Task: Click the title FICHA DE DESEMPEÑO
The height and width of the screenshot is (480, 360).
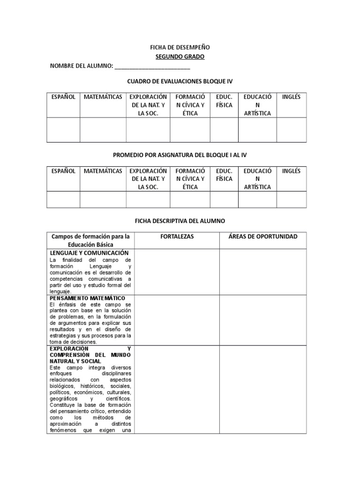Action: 180,47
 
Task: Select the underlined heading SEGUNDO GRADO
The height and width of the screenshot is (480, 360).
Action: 180,57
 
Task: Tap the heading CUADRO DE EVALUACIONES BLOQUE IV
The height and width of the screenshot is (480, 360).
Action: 180,82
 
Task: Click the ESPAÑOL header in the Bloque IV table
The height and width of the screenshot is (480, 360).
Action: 63,97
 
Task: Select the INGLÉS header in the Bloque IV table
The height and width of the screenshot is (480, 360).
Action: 291,97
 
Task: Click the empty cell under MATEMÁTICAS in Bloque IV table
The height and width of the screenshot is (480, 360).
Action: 103,130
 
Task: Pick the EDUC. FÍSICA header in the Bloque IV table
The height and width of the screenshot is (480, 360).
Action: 224,101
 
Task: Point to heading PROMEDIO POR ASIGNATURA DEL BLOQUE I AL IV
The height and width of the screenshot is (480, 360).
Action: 180,155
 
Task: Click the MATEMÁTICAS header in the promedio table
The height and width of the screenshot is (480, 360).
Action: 103,171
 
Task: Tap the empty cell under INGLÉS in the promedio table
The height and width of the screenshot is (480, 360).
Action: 291,200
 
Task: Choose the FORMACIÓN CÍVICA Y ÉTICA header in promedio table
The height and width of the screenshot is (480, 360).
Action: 190,179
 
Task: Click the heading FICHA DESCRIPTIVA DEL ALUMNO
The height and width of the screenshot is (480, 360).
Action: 180,220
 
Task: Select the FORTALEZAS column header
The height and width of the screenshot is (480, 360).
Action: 177,237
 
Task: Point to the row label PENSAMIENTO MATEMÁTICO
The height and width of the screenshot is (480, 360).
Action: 87,298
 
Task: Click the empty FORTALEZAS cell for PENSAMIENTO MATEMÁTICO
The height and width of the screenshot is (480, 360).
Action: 177,320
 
